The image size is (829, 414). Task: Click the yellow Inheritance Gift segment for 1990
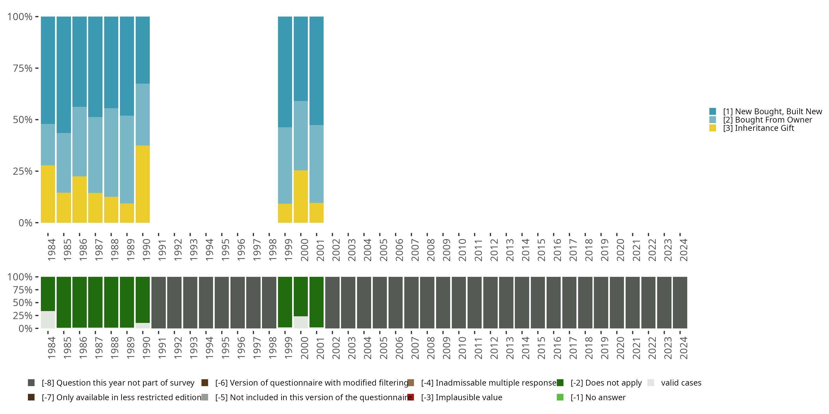pyautogui.click(x=143, y=184)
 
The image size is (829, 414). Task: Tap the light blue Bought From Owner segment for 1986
pyautogui.click(x=80, y=141)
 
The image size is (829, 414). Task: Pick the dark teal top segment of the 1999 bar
pyautogui.click(x=285, y=72)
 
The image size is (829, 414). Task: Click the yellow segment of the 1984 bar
pyautogui.click(x=48, y=194)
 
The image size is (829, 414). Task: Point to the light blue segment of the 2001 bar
pyautogui.click(x=316, y=164)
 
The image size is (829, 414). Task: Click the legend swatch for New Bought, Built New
pyautogui.click(x=712, y=112)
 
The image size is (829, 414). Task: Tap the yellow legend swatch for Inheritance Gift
pyautogui.click(x=712, y=128)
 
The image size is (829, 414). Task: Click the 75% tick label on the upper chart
pyautogui.click(x=23, y=68)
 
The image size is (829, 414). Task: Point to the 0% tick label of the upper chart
pyautogui.click(x=25, y=223)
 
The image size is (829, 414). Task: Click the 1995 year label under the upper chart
pyautogui.click(x=225, y=250)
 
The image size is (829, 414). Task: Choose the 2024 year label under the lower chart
pyautogui.click(x=683, y=348)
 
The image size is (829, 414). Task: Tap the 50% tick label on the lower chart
pyautogui.click(x=23, y=302)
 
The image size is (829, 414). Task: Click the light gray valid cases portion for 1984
pyautogui.click(x=48, y=320)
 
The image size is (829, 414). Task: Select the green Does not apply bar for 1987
pyautogui.click(x=95, y=302)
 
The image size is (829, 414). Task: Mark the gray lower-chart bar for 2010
pyautogui.click(x=459, y=302)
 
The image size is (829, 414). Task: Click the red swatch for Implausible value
pyautogui.click(x=411, y=397)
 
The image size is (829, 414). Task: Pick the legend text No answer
pyautogui.click(x=598, y=397)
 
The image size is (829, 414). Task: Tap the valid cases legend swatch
pyautogui.click(x=651, y=383)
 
